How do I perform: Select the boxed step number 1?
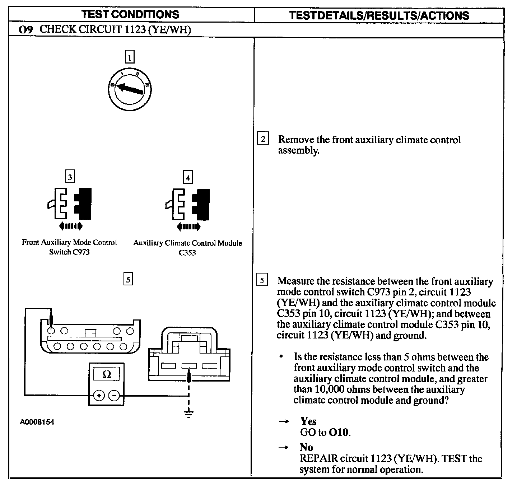click(129, 57)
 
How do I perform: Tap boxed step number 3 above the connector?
click(70, 177)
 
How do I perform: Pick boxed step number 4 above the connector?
click(188, 177)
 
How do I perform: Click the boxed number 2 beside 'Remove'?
click(263, 139)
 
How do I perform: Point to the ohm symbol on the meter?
click(107, 374)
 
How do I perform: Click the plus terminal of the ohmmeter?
click(99, 396)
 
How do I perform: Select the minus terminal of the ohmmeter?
click(114, 396)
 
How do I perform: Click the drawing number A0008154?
click(37, 422)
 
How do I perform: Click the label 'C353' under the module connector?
click(187, 253)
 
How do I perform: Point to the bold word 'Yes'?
click(308, 421)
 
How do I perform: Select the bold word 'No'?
click(306, 447)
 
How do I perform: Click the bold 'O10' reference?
click(339, 432)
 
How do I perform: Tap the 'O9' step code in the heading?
click(26, 30)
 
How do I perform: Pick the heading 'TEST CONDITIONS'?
click(130, 14)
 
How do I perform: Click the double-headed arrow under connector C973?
click(70, 226)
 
